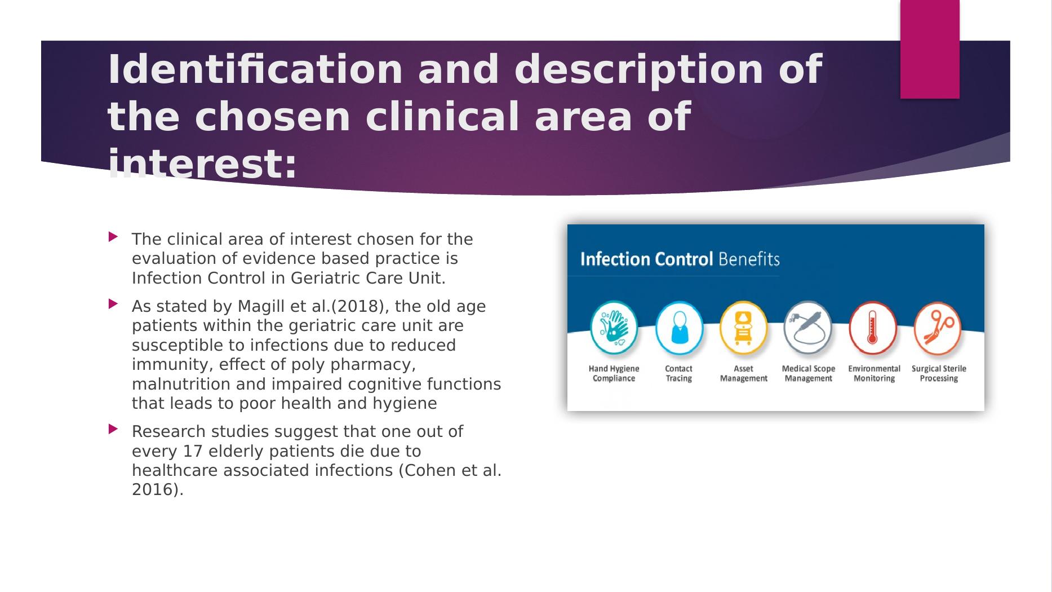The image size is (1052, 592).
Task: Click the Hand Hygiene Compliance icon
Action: coord(614,328)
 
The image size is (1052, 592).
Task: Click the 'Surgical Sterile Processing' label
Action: coord(939,373)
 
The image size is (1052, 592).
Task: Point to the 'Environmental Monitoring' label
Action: coord(874,373)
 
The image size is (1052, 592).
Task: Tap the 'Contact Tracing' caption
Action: coord(678,373)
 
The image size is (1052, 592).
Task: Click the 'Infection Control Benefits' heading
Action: coord(680,259)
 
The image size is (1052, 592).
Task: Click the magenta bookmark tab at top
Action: coord(929,49)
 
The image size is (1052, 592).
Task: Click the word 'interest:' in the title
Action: coord(202,164)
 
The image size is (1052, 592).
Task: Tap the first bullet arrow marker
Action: coord(113,237)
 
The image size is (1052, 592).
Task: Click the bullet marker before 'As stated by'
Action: coord(113,304)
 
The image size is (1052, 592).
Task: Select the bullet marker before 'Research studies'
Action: coord(113,429)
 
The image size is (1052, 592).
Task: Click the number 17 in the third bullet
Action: coord(193,451)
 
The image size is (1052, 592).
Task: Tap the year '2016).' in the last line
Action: coord(158,490)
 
